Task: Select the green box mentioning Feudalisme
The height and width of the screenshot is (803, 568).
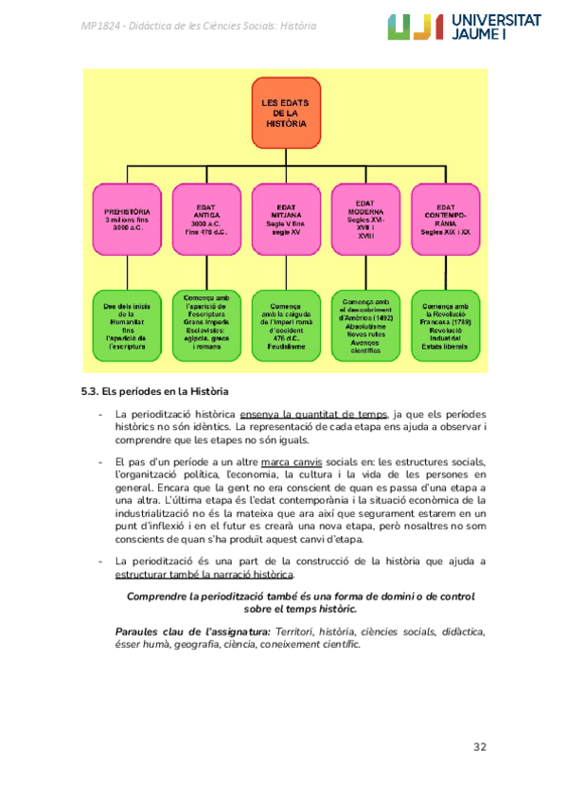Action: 286,327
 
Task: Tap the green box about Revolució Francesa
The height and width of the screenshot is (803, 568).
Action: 446,327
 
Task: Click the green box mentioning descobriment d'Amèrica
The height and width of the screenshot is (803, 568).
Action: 366,327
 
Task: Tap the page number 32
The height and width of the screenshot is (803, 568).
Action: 480,748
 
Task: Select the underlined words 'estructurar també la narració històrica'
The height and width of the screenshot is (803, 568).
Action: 204,575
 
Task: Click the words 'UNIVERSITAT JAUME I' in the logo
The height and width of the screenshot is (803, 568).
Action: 505,27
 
